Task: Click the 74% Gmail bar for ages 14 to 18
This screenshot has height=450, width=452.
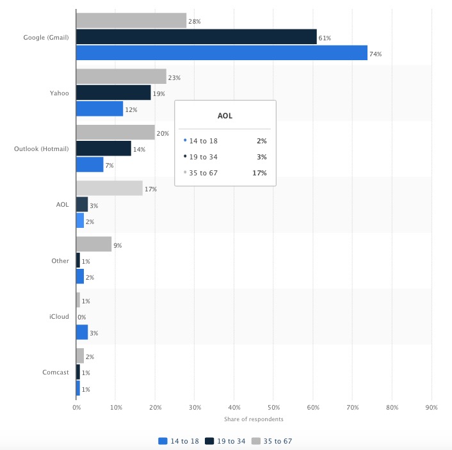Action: (x=222, y=52)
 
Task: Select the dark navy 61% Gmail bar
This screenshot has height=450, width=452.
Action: (x=196, y=36)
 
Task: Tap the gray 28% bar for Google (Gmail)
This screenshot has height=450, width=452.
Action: (x=131, y=20)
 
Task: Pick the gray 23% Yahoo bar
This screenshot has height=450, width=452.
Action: (x=121, y=77)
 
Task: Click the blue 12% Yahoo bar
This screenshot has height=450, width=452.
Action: (x=99, y=109)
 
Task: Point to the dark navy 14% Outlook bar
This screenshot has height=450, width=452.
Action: (x=103, y=149)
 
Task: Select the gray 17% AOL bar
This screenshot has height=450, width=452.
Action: (x=109, y=188)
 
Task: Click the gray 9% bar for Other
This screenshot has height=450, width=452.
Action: (x=93, y=245)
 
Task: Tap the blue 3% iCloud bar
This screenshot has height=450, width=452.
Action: (x=82, y=332)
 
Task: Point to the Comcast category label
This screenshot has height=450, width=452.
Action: (x=56, y=372)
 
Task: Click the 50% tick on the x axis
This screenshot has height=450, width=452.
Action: (x=273, y=407)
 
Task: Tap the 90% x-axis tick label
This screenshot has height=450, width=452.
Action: (x=432, y=407)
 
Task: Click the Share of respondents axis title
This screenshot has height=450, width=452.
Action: (x=254, y=419)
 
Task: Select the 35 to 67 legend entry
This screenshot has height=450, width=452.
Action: (x=273, y=441)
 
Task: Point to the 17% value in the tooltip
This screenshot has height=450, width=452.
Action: (x=259, y=173)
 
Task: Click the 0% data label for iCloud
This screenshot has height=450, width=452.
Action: (x=81, y=317)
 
